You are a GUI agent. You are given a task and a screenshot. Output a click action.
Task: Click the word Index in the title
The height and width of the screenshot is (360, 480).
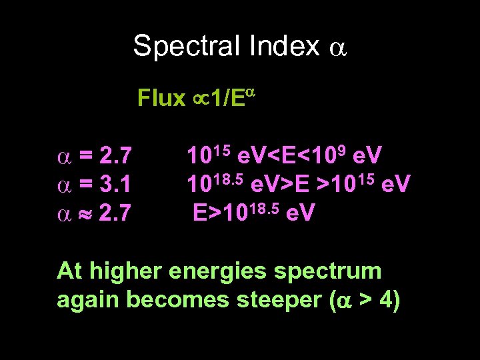279,46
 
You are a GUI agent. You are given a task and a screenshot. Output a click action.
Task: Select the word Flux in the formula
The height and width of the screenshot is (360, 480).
161,99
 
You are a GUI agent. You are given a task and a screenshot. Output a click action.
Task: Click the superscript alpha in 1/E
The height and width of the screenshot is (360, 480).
252,92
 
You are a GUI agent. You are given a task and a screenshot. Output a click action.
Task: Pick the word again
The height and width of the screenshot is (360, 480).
88,301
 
